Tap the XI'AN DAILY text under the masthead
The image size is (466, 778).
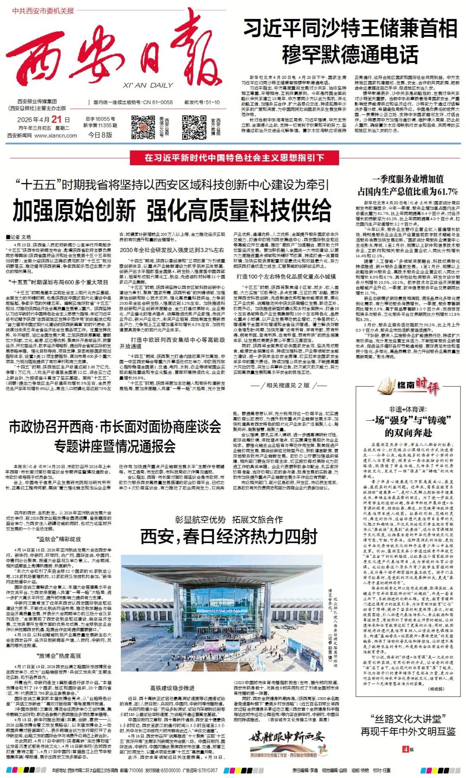click(x=148, y=85)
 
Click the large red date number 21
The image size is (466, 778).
click(x=57, y=119)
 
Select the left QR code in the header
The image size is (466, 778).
click(x=143, y=124)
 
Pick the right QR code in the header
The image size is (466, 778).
click(x=194, y=124)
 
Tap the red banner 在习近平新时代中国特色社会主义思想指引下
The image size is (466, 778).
click(x=234, y=158)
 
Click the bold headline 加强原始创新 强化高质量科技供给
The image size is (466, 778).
click(x=172, y=211)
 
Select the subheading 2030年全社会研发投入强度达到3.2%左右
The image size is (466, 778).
click(x=172, y=250)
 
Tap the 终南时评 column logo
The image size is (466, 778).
click(x=408, y=385)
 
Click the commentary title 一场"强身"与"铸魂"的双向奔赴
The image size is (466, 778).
click(x=408, y=426)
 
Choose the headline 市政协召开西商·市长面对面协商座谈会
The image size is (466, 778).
click(x=115, y=427)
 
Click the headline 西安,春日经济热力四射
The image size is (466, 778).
click(x=229, y=537)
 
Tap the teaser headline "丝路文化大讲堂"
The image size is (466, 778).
click(x=408, y=719)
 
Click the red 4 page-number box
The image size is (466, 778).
click(x=405, y=749)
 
